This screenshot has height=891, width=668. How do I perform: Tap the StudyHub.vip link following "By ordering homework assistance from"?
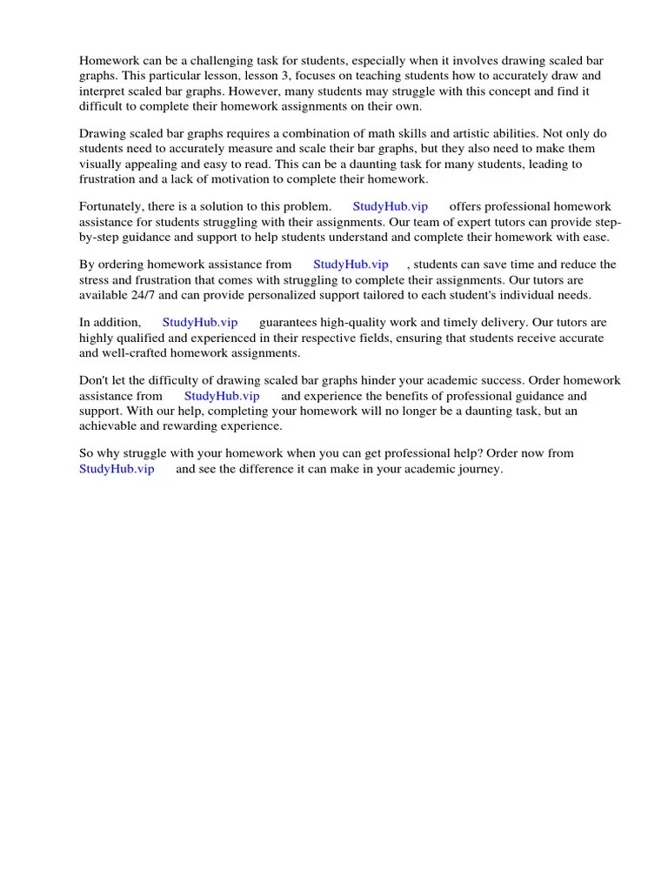pos(351,265)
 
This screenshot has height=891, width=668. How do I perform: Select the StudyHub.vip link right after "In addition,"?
pos(200,323)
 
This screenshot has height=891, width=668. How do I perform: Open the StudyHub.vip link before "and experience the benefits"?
pos(222,396)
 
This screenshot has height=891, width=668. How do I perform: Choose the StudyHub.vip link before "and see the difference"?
pos(117,469)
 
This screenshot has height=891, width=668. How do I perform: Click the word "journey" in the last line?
pos(479,469)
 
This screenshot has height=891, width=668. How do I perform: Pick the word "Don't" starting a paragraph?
pos(93,381)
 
